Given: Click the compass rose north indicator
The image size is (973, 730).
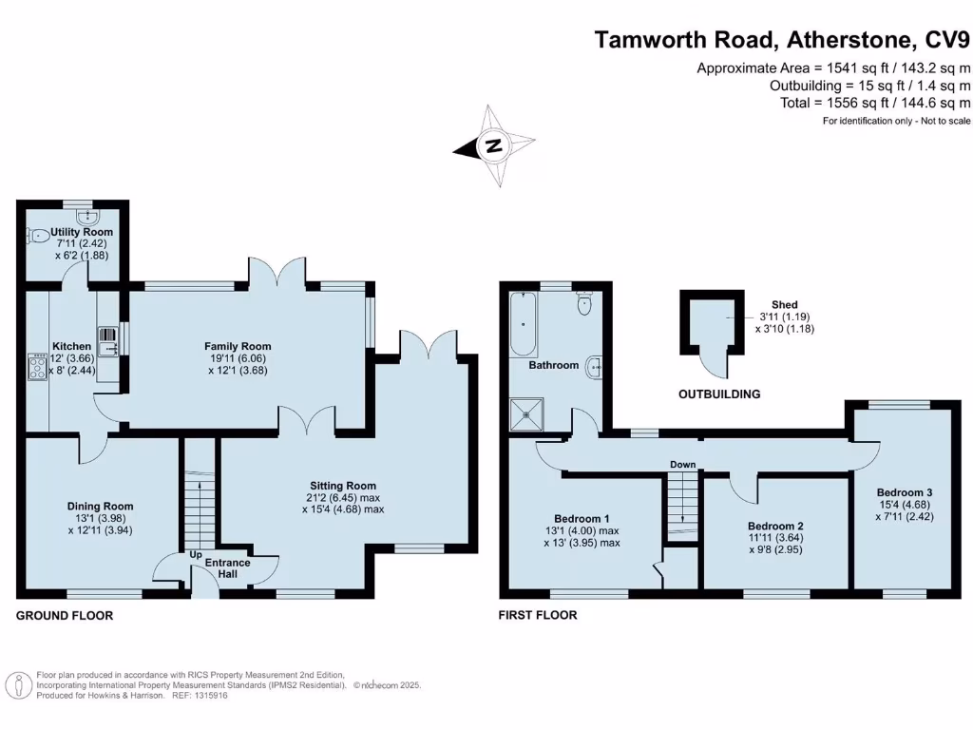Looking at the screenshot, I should tap(493, 146).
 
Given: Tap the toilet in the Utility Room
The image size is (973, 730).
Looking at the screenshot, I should tap(38, 236).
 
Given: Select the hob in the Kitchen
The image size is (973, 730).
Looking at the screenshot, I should tap(39, 367).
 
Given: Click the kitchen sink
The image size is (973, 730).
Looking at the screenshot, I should tap(109, 336).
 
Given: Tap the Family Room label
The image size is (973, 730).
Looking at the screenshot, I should tap(238, 346).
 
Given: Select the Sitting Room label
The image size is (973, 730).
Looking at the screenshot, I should tap(343, 485).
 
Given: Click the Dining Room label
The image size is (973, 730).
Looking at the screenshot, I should tap(100, 506).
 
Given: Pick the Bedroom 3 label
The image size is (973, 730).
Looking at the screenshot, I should tap(904, 491).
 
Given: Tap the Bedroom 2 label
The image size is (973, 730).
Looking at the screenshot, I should tap(775, 526).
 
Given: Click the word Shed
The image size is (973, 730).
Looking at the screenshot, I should tap(784, 304).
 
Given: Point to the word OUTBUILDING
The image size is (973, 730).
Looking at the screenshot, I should tap(719, 394).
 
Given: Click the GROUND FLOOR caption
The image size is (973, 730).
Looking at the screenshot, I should tap(65, 616).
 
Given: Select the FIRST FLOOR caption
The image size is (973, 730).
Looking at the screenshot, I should tap(538, 616).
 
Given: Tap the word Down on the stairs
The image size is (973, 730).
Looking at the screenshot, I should tap(682, 465).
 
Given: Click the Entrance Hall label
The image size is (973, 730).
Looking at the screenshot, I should tap(228, 567).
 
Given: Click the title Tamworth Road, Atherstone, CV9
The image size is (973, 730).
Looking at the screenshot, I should tap(782, 40).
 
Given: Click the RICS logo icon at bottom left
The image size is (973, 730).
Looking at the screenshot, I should tap(17, 684).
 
